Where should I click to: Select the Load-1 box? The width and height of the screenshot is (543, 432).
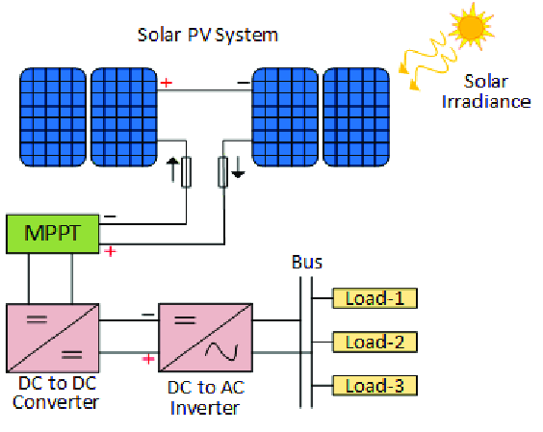(x=375, y=298)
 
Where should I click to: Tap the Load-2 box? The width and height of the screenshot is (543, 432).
(x=375, y=342)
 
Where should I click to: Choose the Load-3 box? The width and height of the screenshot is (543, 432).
(x=375, y=386)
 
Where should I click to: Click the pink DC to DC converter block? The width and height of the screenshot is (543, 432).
(x=51, y=337)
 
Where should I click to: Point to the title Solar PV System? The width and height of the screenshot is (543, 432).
(x=208, y=36)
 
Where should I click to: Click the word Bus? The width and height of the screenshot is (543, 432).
(x=307, y=262)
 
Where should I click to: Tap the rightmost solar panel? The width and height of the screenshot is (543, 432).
(x=356, y=115)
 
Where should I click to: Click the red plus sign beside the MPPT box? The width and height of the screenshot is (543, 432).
(x=110, y=252)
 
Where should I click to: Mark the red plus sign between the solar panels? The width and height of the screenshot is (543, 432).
(x=167, y=84)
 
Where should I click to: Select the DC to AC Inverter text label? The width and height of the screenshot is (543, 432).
(x=203, y=400)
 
